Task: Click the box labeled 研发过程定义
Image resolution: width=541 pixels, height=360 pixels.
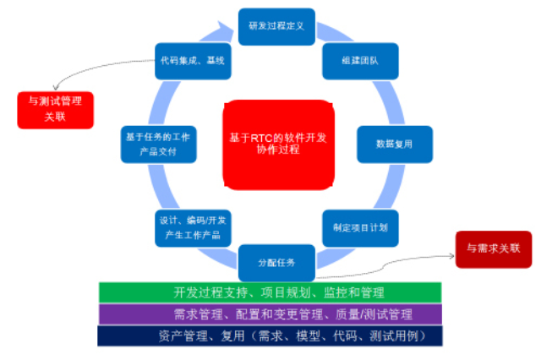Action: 276,26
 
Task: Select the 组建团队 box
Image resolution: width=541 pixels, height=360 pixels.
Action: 360,61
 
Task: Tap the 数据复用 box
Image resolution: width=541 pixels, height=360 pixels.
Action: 395,145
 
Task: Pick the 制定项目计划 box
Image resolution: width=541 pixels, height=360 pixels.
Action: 360,228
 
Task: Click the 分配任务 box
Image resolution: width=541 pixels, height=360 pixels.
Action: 276,263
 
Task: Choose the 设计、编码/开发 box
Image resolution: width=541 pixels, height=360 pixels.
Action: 193,228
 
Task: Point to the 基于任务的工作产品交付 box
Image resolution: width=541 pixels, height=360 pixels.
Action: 158,145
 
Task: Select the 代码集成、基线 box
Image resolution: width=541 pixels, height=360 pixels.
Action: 193,61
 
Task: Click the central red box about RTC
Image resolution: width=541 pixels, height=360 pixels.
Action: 278,145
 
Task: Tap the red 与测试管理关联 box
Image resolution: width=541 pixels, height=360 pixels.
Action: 55,110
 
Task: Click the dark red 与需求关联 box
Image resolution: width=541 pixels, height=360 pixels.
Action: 494,249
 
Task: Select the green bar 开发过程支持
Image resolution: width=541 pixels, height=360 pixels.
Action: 270,292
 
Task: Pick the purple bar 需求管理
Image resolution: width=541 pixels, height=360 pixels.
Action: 270,314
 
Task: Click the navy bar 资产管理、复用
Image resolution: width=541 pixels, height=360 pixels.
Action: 270,335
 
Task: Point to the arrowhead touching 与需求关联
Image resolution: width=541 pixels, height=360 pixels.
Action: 451,256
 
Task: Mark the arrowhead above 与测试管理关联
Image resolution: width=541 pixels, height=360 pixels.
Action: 56,87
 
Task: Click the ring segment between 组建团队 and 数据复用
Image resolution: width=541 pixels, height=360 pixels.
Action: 389,102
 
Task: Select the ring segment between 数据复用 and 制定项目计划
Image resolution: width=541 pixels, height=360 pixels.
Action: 390,186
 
